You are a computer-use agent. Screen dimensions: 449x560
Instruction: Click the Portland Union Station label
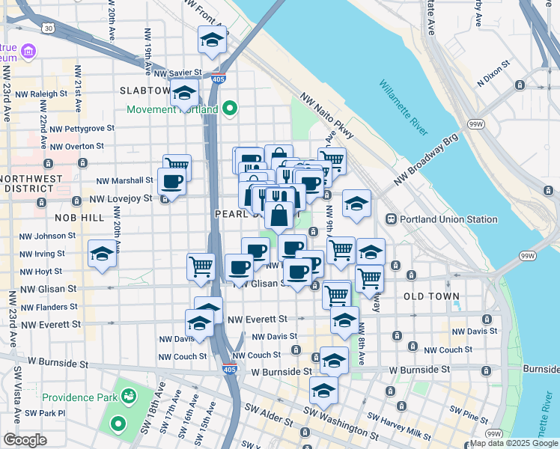coord(448,219)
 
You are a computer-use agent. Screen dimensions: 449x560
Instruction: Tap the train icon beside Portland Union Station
coord(390,219)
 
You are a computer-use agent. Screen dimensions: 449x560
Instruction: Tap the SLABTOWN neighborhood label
coord(145,91)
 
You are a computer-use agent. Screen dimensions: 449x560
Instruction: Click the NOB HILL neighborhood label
coord(79,216)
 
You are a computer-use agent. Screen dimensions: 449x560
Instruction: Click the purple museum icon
coord(28,51)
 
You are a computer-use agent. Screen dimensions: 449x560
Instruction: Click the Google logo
coord(25,440)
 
